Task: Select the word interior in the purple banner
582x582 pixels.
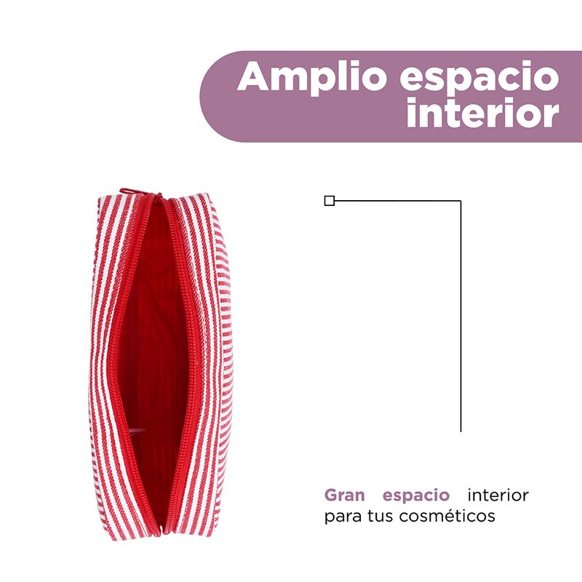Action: pos(483,113)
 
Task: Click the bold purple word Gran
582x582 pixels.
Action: pos(344,495)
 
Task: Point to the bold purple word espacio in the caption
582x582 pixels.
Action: pos(415,496)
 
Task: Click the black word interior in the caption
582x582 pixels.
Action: pos(498,495)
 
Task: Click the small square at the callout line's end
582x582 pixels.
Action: pos(330,201)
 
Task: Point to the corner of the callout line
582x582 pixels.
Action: pos(461,201)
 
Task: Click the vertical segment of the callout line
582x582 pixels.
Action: pos(461,316)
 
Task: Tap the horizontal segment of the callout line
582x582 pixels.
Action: pos(397,201)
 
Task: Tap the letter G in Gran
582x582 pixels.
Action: pos(331,495)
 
